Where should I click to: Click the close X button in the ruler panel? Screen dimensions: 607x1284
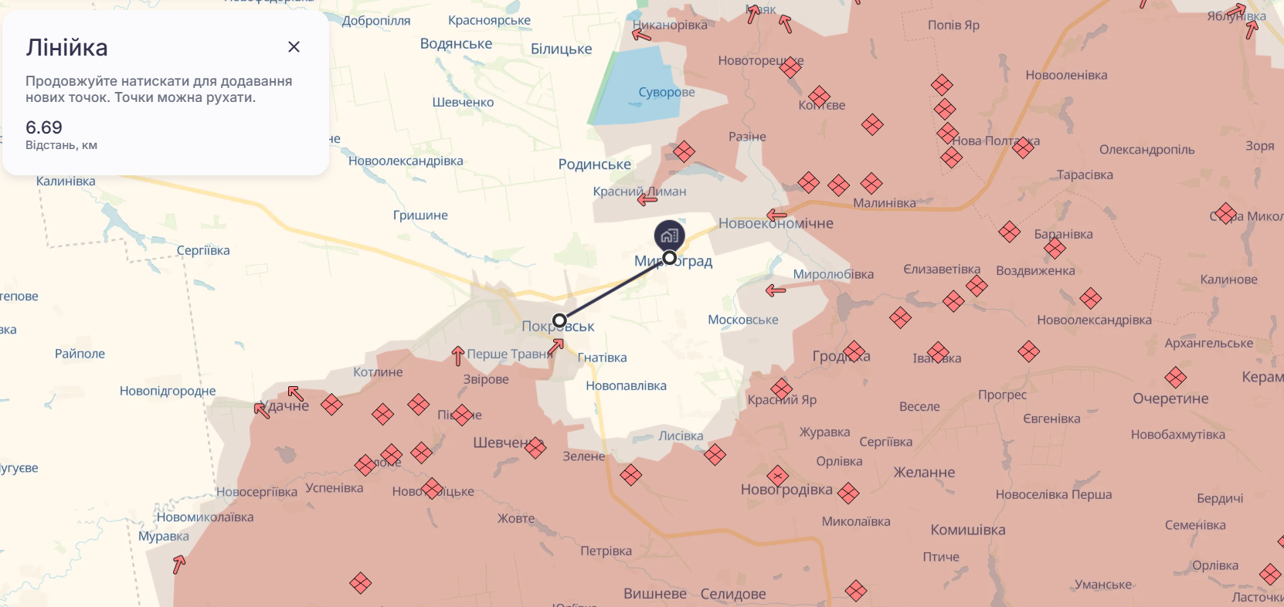294,47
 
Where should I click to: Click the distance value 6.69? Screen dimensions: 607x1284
44,127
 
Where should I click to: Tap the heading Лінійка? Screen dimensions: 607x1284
66,48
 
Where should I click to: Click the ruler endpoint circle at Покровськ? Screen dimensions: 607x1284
560,320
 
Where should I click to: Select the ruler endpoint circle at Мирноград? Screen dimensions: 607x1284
670,258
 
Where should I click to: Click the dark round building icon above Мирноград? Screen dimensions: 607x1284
669,236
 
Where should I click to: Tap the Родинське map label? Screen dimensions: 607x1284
594,164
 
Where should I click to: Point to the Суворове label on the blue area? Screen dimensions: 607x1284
666,93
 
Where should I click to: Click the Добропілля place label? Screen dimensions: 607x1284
376,21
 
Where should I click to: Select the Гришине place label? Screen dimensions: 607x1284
420,215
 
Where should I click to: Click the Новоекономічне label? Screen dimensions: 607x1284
776,224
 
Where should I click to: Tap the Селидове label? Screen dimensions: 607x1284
732,594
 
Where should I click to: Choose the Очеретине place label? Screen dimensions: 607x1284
1170,398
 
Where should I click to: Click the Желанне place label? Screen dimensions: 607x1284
924,473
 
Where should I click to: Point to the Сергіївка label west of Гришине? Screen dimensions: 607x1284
203,251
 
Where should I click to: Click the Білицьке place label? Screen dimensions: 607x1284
561,49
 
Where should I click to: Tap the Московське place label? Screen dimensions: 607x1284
742,320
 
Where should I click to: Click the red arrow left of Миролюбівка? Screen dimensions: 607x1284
776,290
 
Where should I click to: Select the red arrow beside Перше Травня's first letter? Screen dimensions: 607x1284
458,355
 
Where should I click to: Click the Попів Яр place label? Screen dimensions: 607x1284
953,25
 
